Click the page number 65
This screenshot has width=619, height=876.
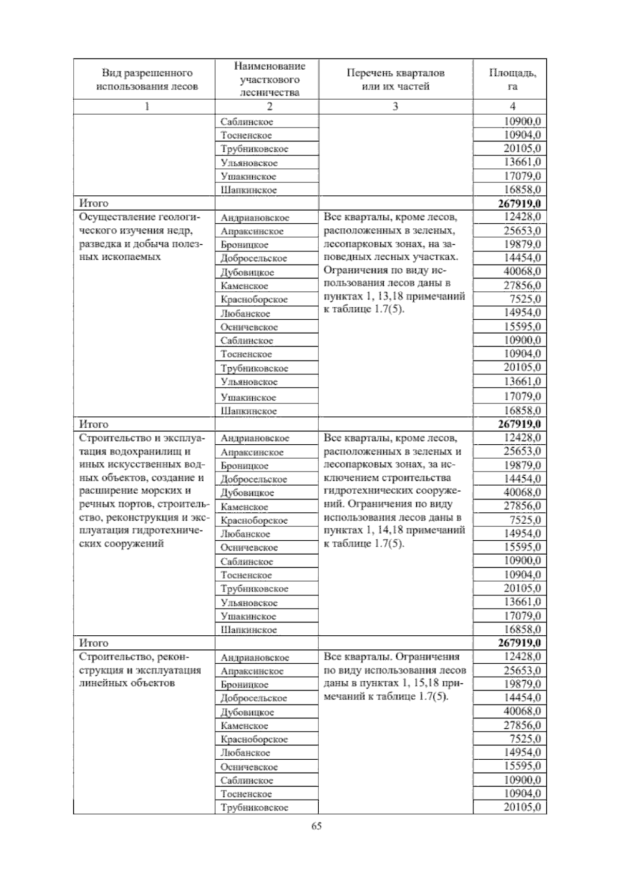[x=316, y=826]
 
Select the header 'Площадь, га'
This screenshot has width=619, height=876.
[x=512, y=79]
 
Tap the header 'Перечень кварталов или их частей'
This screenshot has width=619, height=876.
[x=395, y=79]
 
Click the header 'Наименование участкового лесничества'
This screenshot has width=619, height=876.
[x=269, y=79]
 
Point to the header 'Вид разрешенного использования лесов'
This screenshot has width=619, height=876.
[x=147, y=79]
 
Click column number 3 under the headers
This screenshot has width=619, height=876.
[x=395, y=106]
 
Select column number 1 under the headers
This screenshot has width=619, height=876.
[x=147, y=106]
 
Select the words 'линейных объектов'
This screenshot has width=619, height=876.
[x=127, y=683]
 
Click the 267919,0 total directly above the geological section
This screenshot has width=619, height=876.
[x=519, y=204]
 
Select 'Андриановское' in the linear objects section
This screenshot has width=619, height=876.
[x=254, y=658]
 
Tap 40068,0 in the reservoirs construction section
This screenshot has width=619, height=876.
[x=522, y=492]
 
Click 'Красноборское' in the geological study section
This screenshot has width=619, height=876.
[x=254, y=300]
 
